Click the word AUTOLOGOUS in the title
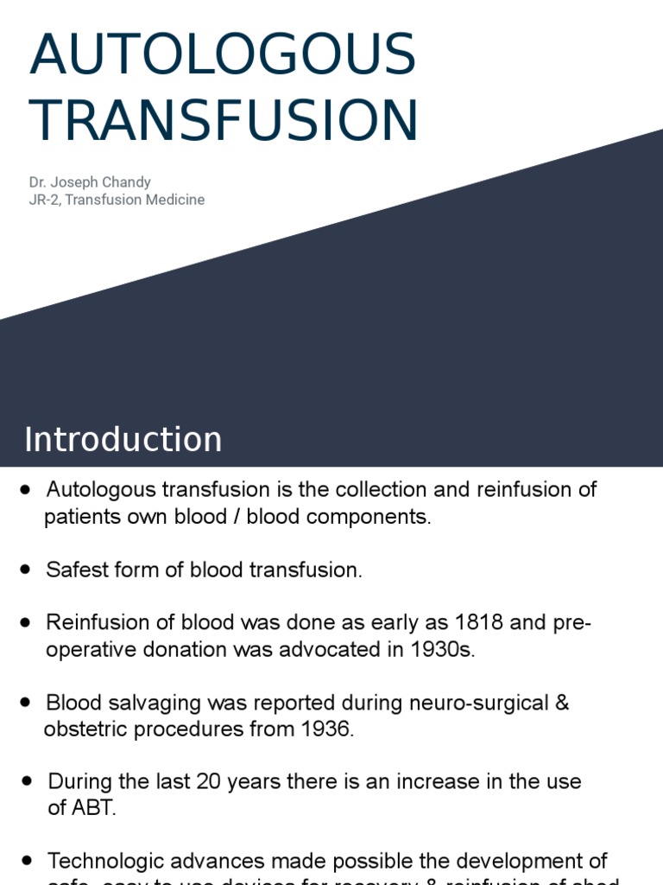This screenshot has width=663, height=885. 223,54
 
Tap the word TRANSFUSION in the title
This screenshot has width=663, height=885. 224,121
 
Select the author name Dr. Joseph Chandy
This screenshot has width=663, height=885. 90,182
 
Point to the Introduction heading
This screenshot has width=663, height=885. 123,439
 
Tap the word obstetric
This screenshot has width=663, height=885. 82,729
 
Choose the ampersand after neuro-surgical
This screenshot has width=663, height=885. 562,702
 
